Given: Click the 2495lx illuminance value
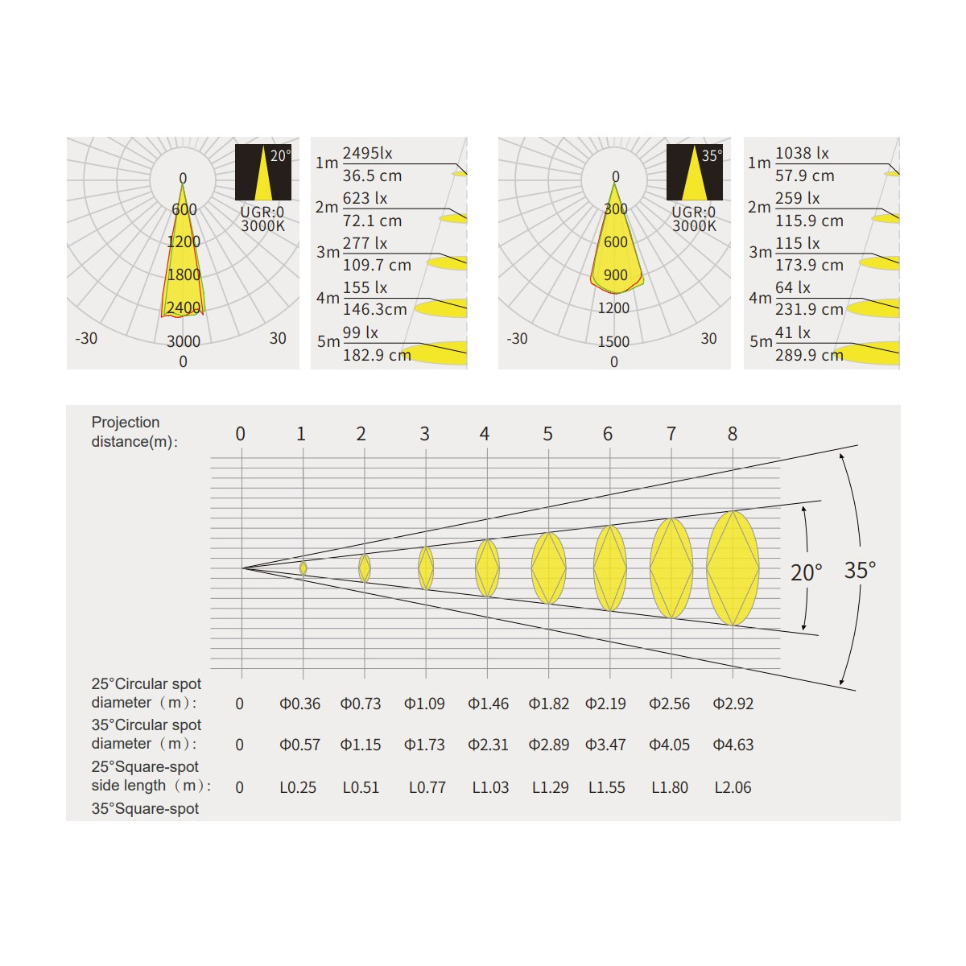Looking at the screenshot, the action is pos(367,153).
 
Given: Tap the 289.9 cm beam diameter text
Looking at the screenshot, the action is pos(809,355).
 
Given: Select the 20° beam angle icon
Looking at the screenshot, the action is pos(263,172).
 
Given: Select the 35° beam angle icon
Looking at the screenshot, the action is pos(694,172).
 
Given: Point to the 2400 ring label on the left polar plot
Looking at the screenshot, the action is pos(184,308).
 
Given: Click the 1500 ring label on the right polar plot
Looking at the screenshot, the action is pos(613,341).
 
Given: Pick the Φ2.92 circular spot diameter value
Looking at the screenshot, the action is pos(733,704).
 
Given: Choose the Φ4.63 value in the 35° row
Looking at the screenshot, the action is pos(733,745).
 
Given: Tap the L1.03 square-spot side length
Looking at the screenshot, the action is pos(490,787).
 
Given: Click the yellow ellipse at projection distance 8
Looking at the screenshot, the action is pos(733,568).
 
